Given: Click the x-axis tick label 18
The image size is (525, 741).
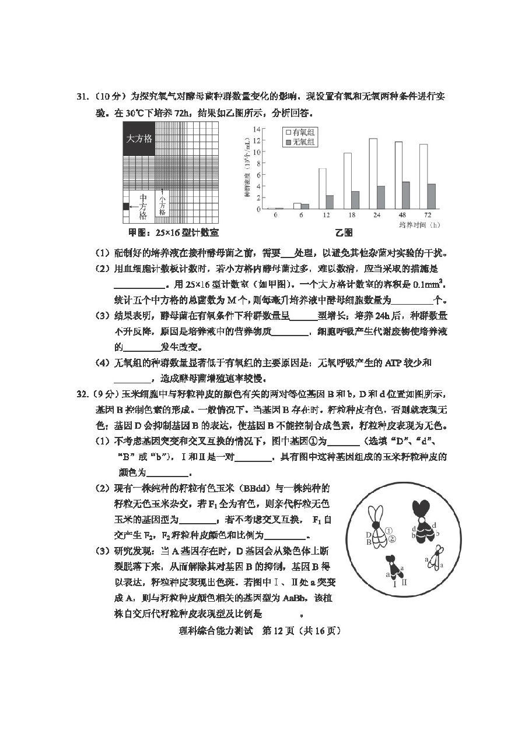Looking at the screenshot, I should point(348,215).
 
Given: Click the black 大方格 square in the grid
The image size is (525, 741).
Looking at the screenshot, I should point(139,139).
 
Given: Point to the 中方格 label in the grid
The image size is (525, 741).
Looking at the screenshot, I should point(143,206).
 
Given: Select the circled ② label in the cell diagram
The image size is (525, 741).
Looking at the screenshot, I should point(392,539).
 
